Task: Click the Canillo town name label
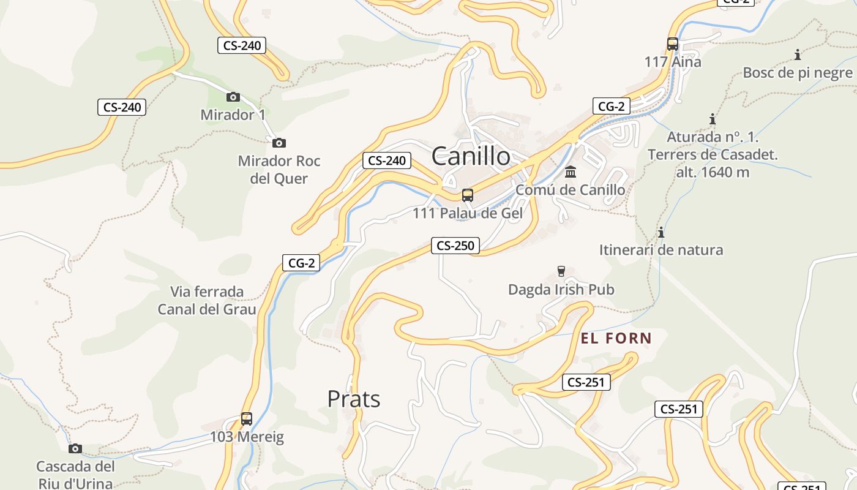pyautogui.click(x=471, y=156)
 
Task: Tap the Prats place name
pyautogui.click(x=354, y=399)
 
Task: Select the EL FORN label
pyautogui.click(x=616, y=338)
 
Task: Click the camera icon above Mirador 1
pyautogui.click(x=233, y=97)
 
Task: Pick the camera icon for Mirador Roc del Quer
pyautogui.click(x=279, y=143)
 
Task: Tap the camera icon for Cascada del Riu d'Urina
pyautogui.click(x=75, y=448)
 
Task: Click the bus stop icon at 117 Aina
pyautogui.click(x=673, y=44)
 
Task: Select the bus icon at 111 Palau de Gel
pyautogui.click(x=468, y=195)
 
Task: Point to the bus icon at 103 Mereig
pyautogui.click(x=247, y=419)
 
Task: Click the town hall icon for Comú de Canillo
pyautogui.click(x=571, y=171)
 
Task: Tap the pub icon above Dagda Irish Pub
pyautogui.click(x=561, y=271)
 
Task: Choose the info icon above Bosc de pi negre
pyautogui.click(x=798, y=55)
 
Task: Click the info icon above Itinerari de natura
pyautogui.click(x=661, y=232)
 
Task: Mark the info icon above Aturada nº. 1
pyautogui.click(x=713, y=119)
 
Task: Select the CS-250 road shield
pyautogui.click(x=455, y=246)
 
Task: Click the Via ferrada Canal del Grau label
pyautogui.click(x=207, y=300)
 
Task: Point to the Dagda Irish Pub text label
pyautogui.click(x=561, y=290)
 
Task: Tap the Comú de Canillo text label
pyautogui.click(x=571, y=190)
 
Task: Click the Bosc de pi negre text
pyautogui.click(x=798, y=73)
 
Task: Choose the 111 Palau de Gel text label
pyautogui.click(x=468, y=214)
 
